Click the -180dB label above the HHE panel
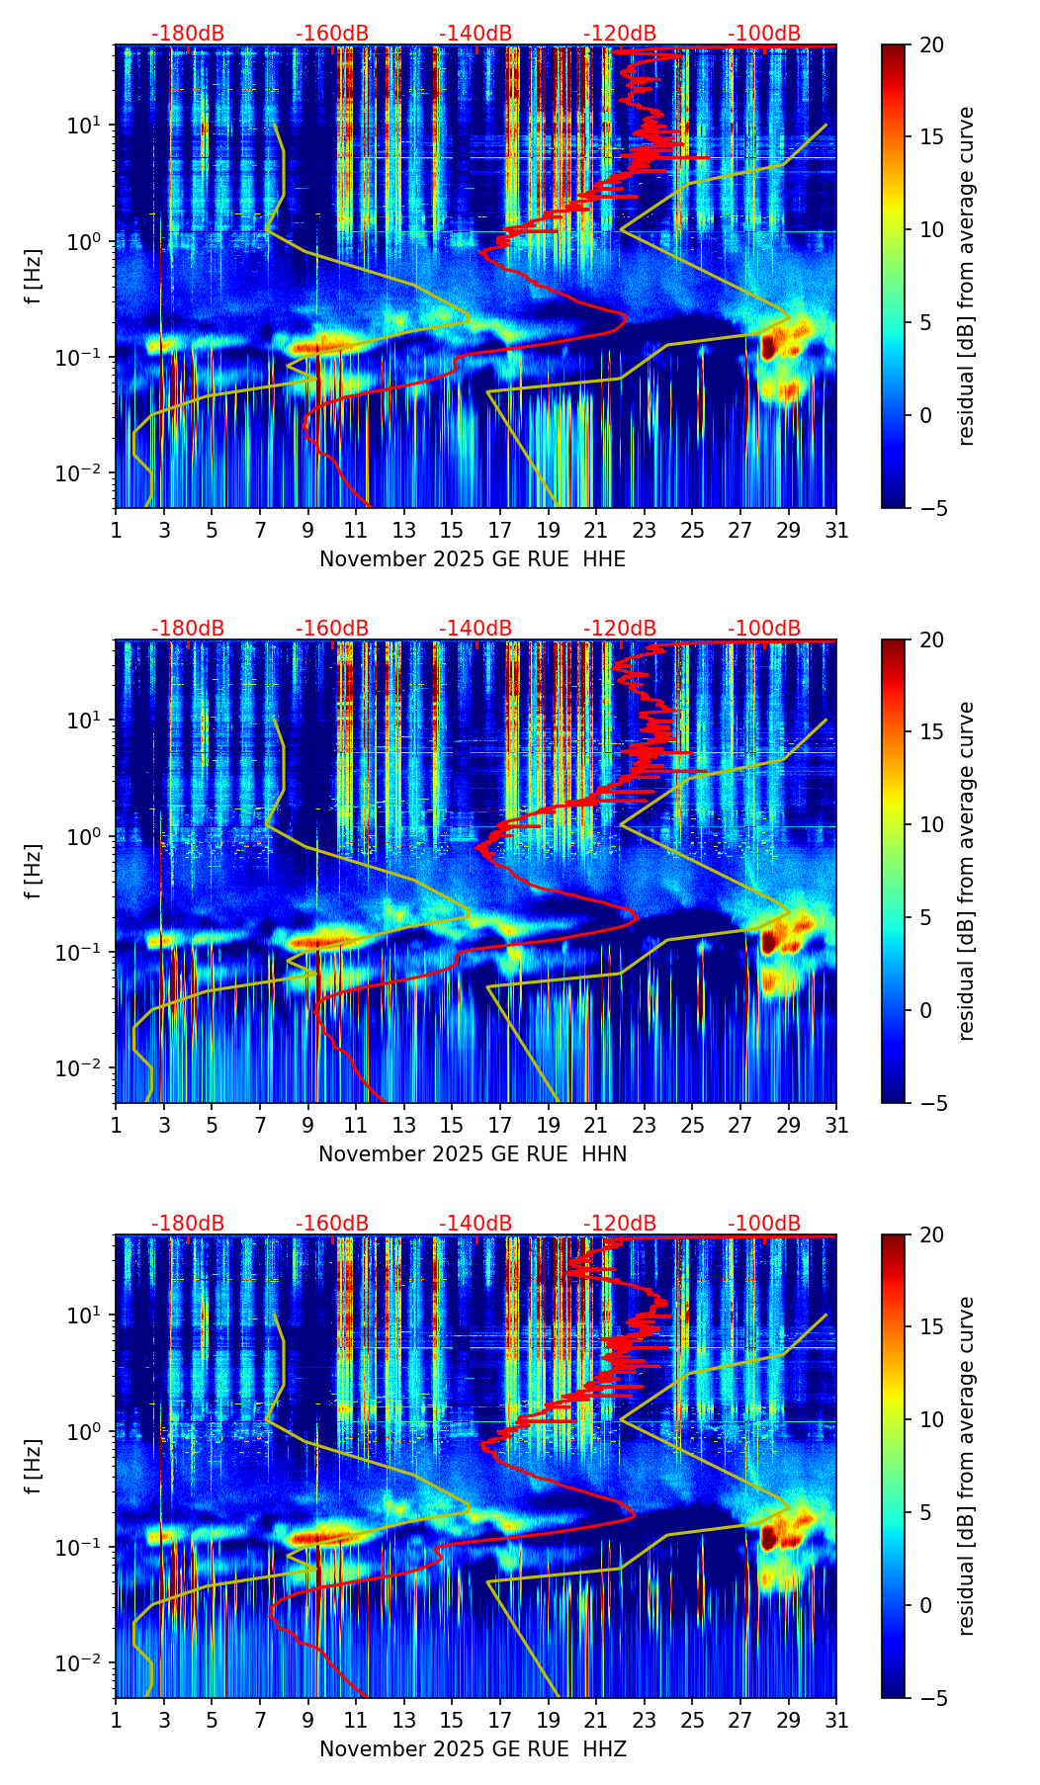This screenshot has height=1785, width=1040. coord(188,34)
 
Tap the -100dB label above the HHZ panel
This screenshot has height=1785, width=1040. coord(764,1224)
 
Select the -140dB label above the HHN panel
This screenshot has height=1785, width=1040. coord(476,629)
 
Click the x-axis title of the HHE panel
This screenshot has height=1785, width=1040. coord(473,559)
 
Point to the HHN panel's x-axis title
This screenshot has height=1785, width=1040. coord(473,1154)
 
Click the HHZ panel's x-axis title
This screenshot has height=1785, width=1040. coord(473,1749)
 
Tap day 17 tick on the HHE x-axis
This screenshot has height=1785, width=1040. coord(500,531)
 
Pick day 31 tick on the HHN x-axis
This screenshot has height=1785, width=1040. coord(836,1126)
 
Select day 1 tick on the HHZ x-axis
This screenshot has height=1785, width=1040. coord(117,1721)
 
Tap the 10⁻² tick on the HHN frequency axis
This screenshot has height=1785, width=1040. coord(82,1068)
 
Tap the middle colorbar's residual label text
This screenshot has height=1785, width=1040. coord(966,871)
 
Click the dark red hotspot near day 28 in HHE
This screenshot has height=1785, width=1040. coord(768,346)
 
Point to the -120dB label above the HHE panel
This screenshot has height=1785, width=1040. coord(620,34)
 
